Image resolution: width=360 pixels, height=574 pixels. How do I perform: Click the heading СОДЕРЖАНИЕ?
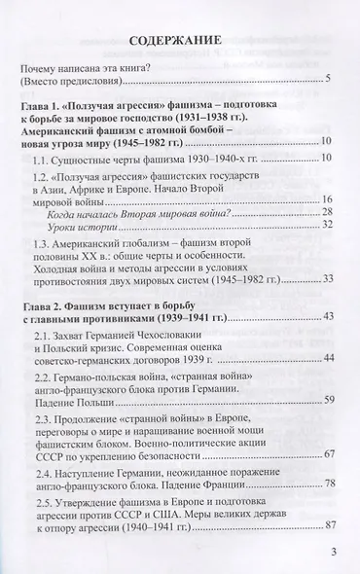[179, 42]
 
